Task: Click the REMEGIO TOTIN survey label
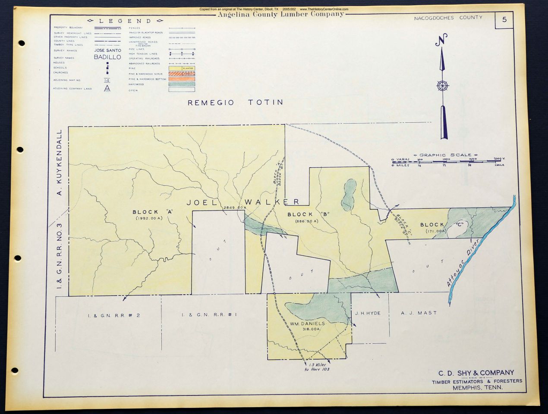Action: point(236,103)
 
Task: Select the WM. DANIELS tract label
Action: point(307,323)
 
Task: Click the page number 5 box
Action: point(504,20)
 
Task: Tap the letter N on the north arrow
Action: point(441,41)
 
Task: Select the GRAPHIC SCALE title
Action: point(445,155)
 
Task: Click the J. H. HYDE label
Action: point(368,313)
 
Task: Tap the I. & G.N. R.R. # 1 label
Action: point(210,315)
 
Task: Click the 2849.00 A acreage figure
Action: point(234,208)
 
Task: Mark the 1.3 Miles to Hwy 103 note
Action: point(316,367)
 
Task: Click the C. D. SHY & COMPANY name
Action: point(476,373)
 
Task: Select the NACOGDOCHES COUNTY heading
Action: point(448,18)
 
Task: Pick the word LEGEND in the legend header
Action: point(125,21)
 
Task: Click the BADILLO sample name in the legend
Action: point(107,57)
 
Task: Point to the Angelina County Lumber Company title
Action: point(280,14)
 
